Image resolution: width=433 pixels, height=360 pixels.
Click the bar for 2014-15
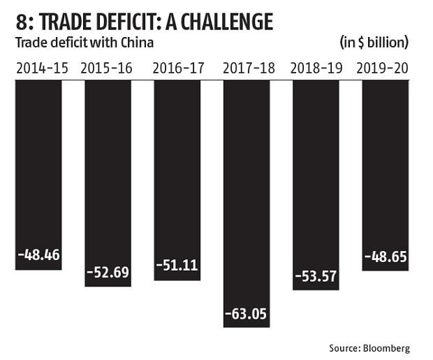pos(38,168)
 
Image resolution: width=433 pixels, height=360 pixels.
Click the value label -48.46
pos(38,255)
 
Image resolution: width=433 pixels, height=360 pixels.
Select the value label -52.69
pos(108,272)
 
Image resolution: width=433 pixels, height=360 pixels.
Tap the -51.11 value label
pos(177,266)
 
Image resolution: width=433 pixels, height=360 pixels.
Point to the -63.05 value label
pos(247,312)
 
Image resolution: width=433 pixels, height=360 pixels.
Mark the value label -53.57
pos(316,275)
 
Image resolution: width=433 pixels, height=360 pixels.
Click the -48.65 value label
pos(386,257)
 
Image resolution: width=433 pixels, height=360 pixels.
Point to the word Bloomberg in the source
pos(386,347)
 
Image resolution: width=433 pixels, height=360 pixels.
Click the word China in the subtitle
pos(137,43)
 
